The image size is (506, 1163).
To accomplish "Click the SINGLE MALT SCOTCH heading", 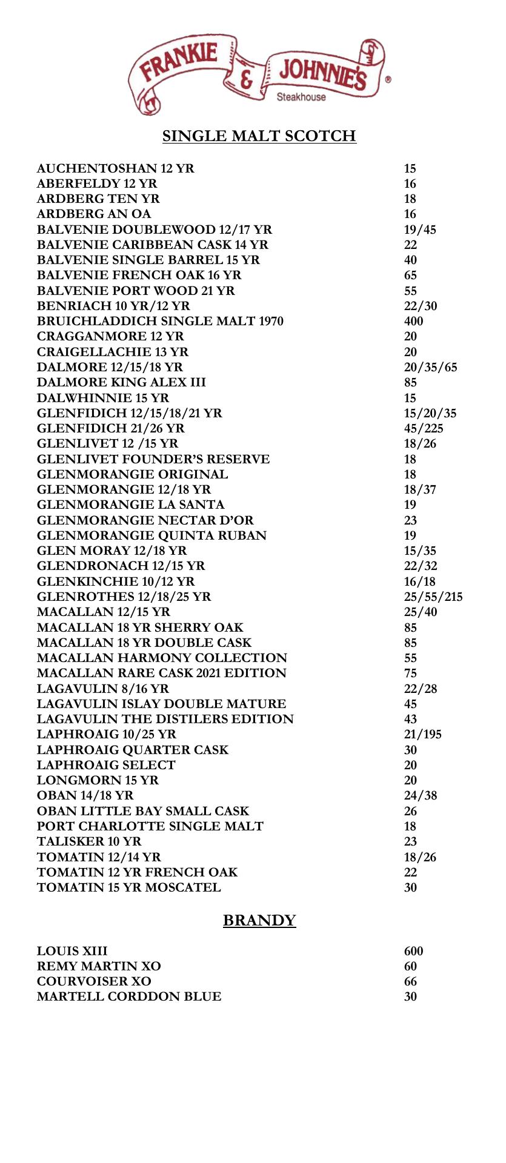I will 259,136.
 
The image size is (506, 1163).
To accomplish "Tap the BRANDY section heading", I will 259,920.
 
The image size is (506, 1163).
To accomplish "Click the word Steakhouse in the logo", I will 301,97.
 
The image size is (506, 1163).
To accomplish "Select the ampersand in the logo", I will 247,80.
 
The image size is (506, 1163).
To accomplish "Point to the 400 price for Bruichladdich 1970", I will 413,322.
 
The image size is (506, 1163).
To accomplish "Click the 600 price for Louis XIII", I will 413,951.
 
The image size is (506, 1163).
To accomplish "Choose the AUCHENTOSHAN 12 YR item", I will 116,168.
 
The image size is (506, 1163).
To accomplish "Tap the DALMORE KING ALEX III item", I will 121,383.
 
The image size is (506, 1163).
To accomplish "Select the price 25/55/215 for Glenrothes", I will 433,597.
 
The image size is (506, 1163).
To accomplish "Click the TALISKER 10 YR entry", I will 89,841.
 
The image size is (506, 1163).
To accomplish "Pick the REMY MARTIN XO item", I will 99,966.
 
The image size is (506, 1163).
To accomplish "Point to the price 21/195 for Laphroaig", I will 422,734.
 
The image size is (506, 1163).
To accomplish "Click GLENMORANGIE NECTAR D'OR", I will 145,520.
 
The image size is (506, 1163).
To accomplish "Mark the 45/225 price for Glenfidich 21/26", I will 423,429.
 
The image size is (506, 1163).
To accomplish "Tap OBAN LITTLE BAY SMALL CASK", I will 143,811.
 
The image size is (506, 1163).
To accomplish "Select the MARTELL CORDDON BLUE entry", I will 129,996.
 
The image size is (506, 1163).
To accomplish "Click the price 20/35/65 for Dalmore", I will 430,368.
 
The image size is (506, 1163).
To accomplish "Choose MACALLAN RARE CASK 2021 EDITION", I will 161,673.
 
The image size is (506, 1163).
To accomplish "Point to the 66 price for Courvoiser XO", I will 410,981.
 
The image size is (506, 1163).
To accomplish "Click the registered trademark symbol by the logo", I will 388,79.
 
